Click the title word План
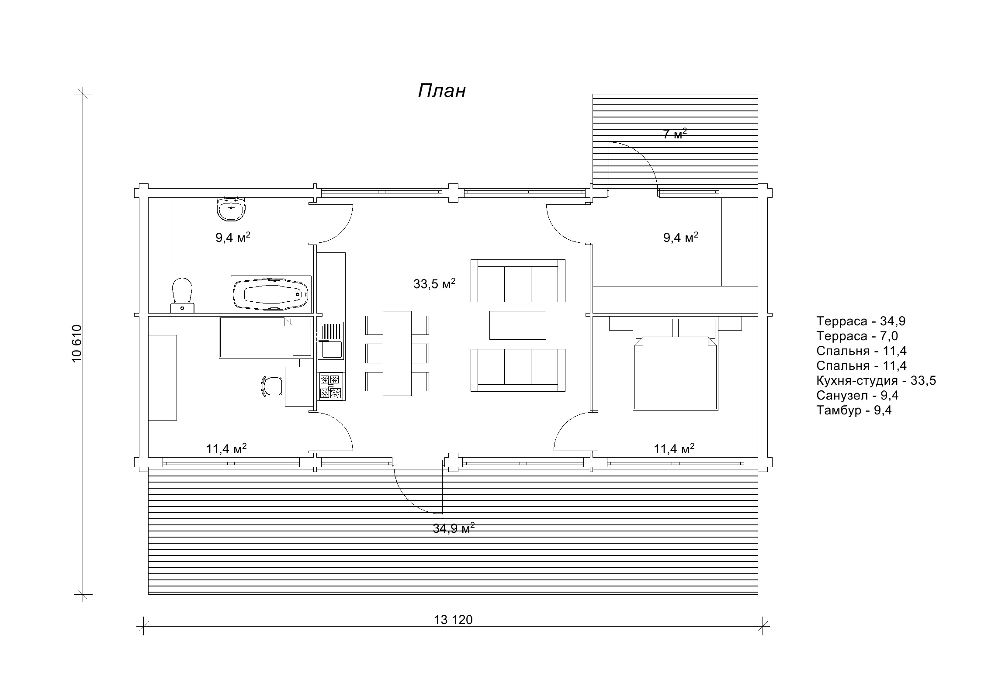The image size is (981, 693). pyautogui.click(x=442, y=91)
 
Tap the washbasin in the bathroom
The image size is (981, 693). pyautogui.click(x=231, y=209)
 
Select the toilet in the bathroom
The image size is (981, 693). pyautogui.click(x=183, y=295)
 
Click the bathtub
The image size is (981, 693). pyautogui.click(x=271, y=294)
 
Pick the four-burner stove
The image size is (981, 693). pyautogui.click(x=331, y=387)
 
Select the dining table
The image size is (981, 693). pyautogui.click(x=397, y=353)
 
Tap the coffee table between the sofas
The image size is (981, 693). pyautogui.click(x=518, y=325)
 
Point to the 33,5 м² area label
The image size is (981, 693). pyautogui.click(x=434, y=284)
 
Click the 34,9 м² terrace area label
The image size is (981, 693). pyautogui.click(x=454, y=528)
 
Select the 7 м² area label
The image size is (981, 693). pyautogui.click(x=675, y=134)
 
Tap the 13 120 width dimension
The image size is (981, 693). pyautogui.click(x=453, y=620)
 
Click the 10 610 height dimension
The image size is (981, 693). pyautogui.click(x=76, y=343)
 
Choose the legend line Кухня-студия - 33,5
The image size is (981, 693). pyautogui.click(x=876, y=381)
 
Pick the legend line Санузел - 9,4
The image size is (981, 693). pyautogui.click(x=857, y=396)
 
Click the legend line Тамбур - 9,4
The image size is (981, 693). pyautogui.click(x=854, y=410)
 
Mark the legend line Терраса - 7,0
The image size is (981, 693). pyautogui.click(x=857, y=336)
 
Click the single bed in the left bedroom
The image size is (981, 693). pyautogui.click(x=266, y=338)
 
